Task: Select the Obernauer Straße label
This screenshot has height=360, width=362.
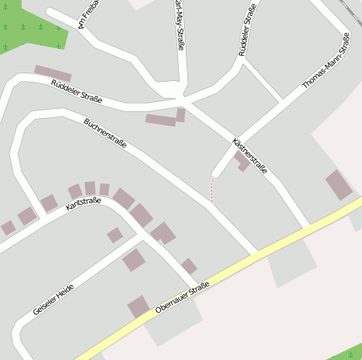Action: (182, 298)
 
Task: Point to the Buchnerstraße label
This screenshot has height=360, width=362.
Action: (105, 133)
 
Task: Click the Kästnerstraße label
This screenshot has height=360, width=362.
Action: (249, 155)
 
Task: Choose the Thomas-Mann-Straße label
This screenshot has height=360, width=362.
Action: (326, 62)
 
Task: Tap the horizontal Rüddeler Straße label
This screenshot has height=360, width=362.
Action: (76, 91)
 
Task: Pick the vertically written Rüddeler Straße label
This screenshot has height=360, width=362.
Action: (248, 30)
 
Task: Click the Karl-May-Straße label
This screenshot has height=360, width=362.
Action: (180, 24)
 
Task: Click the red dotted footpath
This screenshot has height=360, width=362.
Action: (212, 190)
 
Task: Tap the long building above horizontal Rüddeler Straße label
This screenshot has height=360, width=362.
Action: (52, 73)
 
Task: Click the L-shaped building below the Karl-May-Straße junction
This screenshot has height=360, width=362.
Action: (165, 119)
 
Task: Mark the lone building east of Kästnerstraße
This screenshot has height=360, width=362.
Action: (338, 185)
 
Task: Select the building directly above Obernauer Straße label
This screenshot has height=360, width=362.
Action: (138, 306)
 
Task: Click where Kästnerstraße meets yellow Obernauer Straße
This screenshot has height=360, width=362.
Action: (305, 228)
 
